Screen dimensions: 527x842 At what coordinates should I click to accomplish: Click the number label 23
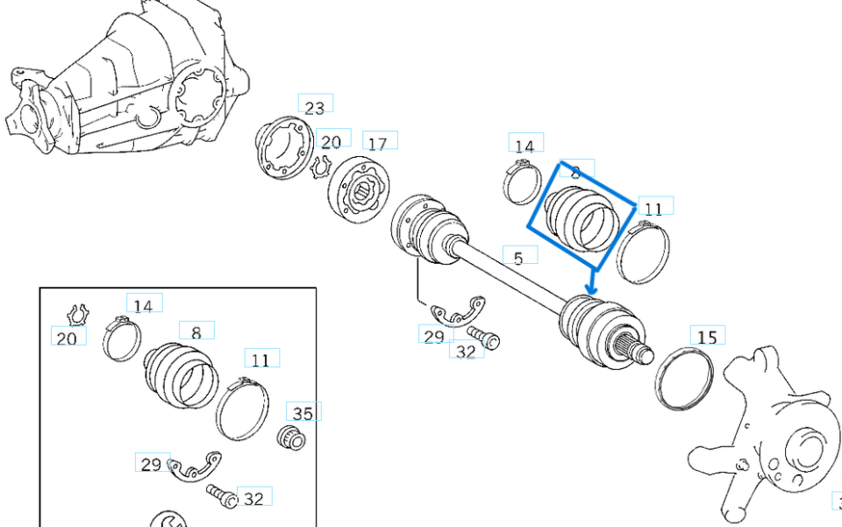[x=315, y=107]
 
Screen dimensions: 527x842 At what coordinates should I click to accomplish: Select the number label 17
[x=377, y=143]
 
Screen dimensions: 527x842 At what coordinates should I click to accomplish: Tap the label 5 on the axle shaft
[x=518, y=257]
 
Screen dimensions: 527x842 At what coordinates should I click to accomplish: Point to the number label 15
[x=707, y=336]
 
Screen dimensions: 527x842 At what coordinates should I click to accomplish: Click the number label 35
[x=303, y=413]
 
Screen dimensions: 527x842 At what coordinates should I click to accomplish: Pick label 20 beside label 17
[x=331, y=141]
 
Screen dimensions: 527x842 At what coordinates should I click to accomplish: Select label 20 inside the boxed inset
[x=68, y=337]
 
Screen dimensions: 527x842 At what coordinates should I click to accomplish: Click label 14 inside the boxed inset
[x=143, y=305]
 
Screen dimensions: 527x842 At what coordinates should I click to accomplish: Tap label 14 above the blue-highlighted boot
[x=524, y=146]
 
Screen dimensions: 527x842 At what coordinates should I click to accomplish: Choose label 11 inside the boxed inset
[x=260, y=360]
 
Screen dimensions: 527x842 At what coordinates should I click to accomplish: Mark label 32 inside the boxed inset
[x=253, y=498]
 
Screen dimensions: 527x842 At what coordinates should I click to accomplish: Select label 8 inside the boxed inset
[x=196, y=332]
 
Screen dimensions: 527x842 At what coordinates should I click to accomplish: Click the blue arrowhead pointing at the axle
[x=592, y=288]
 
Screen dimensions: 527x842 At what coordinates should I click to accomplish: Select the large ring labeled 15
[x=684, y=378]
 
